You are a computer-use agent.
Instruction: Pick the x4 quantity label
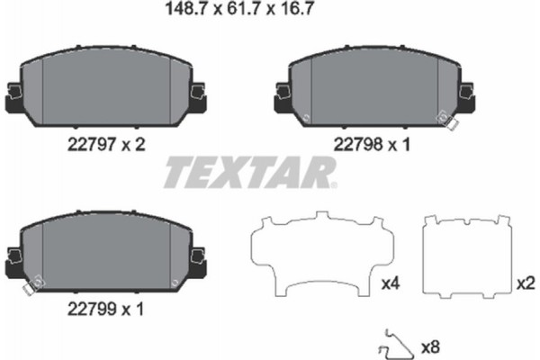390,284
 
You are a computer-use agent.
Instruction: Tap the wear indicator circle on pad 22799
28,287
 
